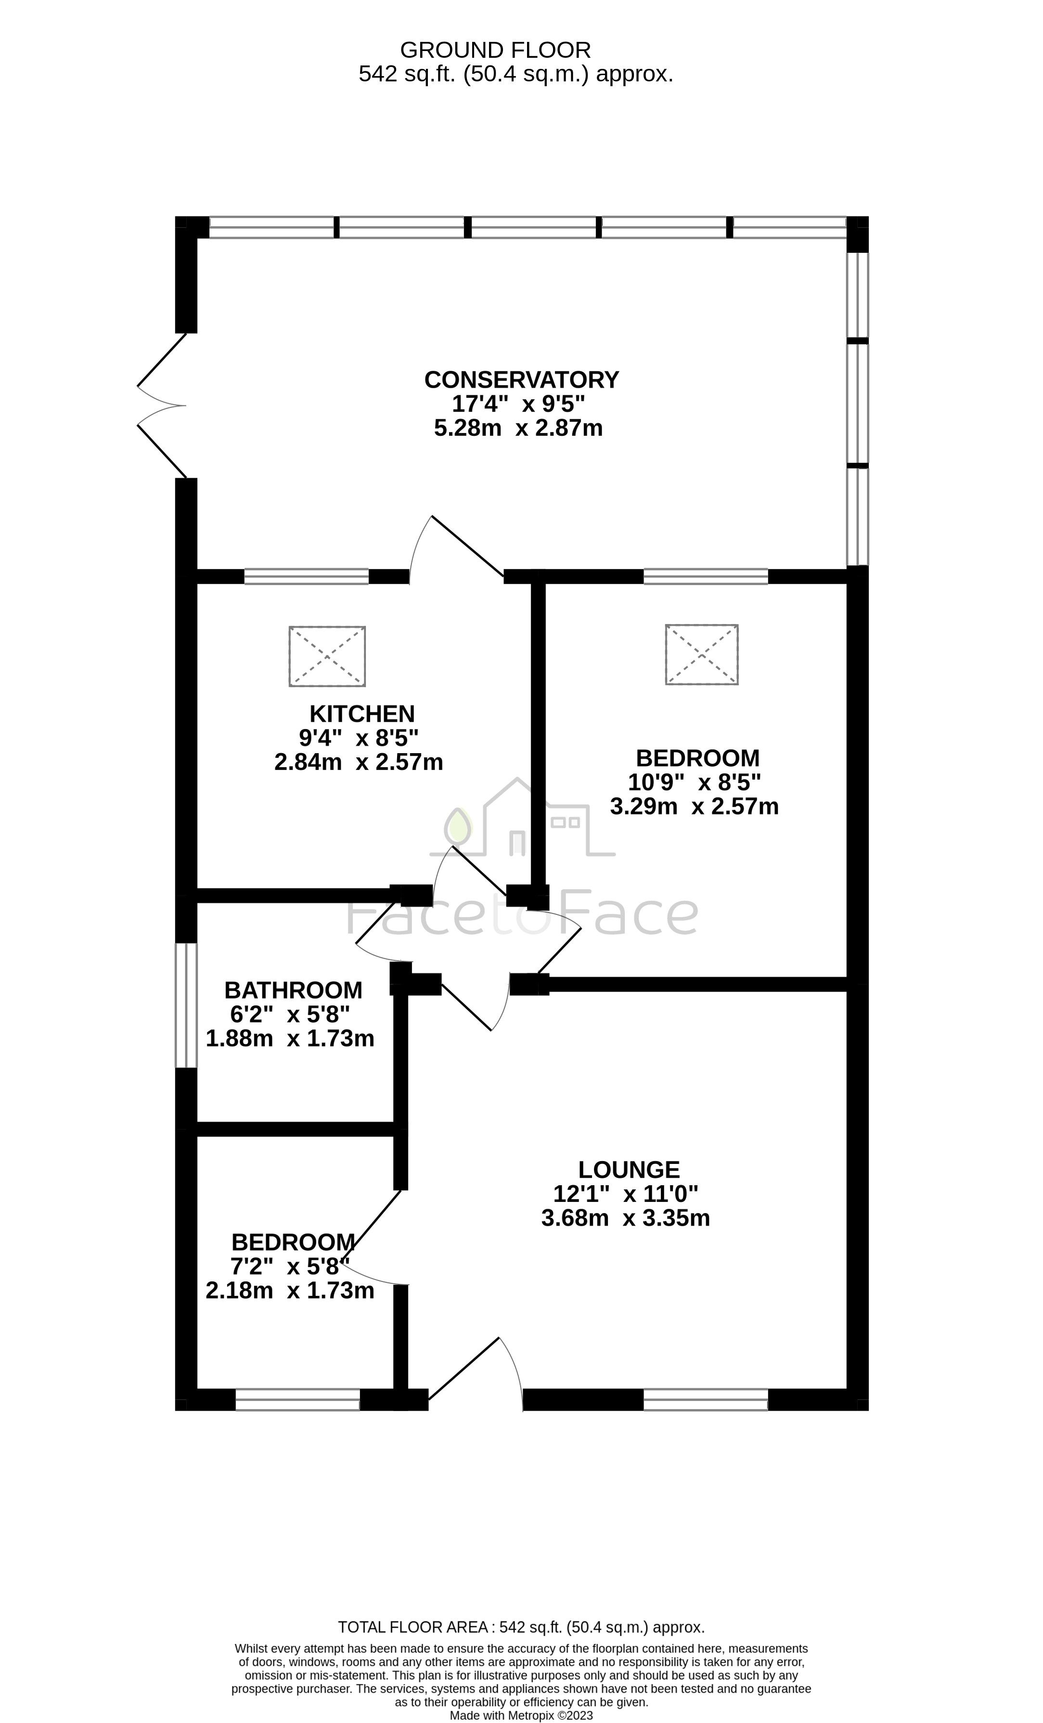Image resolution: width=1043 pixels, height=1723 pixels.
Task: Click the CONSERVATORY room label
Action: click(x=522, y=379)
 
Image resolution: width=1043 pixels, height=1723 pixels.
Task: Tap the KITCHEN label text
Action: click(x=362, y=714)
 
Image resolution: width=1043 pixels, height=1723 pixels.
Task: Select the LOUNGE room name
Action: click(x=629, y=1170)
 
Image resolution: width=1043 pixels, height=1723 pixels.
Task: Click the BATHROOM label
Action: click(x=294, y=990)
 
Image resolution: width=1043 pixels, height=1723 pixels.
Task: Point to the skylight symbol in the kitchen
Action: click(x=327, y=656)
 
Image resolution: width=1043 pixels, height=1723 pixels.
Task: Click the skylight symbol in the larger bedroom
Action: click(x=702, y=654)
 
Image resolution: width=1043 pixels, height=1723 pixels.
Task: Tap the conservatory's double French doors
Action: click(x=162, y=405)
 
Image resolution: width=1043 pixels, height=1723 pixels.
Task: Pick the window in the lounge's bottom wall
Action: click(x=705, y=1399)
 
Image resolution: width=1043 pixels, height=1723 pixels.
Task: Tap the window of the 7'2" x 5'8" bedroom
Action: click(x=298, y=1399)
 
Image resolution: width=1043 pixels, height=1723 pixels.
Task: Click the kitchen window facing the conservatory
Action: click(x=306, y=576)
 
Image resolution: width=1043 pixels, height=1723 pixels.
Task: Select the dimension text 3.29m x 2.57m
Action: click(x=694, y=806)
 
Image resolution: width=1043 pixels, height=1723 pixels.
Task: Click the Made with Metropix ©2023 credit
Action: click(x=522, y=1715)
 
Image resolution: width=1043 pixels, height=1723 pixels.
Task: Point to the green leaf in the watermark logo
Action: click(x=459, y=825)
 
